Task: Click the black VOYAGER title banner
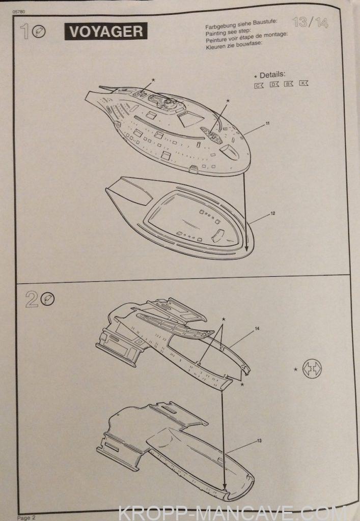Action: click(x=106, y=32)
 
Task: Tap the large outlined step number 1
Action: click(x=24, y=31)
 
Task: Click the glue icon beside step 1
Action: click(x=39, y=32)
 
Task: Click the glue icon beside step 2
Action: click(x=48, y=299)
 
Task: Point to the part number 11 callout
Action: click(x=267, y=124)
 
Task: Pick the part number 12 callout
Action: click(x=273, y=213)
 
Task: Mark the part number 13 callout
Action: click(x=259, y=440)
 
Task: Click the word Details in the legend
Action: click(x=272, y=74)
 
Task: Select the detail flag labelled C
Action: click(x=259, y=85)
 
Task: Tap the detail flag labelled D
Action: click(x=274, y=84)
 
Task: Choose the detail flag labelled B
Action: click(x=289, y=84)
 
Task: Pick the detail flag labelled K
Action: click(x=303, y=83)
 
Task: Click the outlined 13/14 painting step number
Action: click(x=311, y=22)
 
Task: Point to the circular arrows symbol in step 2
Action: click(x=312, y=368)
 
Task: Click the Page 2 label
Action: click(x=26, y=517)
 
